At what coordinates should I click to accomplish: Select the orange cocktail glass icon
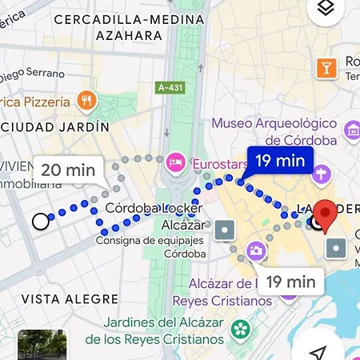point(326,68)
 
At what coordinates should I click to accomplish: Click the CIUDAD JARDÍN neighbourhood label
point(54,127)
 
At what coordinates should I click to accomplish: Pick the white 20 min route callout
point(68,170)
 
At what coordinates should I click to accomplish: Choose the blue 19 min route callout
point(279,161)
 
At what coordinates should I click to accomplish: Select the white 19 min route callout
point(290,281)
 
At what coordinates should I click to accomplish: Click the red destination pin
point(324,214)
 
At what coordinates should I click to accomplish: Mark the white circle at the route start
point(40,222)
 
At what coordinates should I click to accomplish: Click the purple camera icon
point(257,250)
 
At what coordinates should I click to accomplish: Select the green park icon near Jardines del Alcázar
point(239,328)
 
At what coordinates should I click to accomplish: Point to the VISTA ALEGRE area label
point(70,299)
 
